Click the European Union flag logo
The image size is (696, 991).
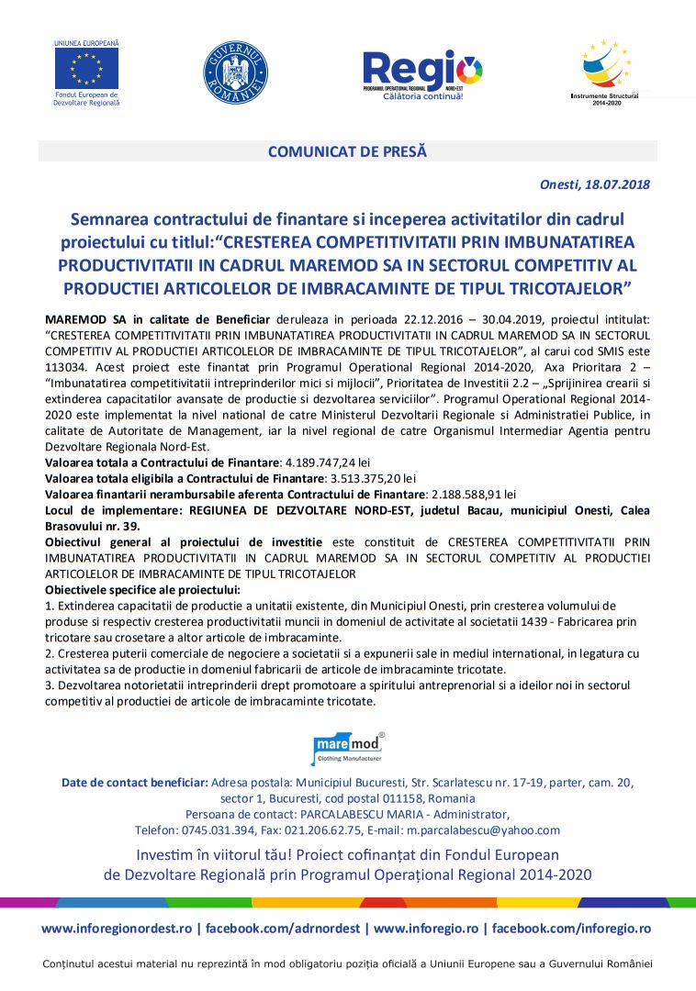pos(86,67)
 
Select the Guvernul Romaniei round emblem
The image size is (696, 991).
pos(235,72)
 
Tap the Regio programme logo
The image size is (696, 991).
pos(422,72)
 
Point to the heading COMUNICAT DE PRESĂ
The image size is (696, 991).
pos(347,151)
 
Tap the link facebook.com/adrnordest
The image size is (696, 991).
pos(283,929)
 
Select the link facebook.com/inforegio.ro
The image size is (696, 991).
pos(571,929)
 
